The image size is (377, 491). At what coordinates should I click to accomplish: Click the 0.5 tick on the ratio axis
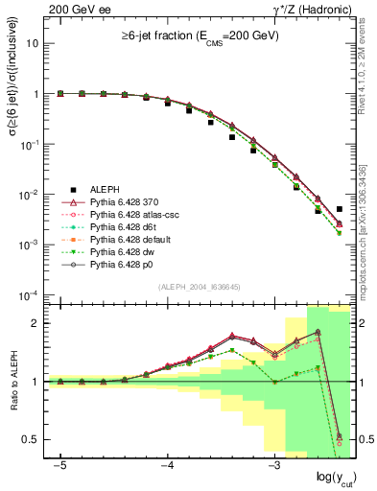click(35, 439)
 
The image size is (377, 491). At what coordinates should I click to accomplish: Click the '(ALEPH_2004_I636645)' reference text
click(199, 287)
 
